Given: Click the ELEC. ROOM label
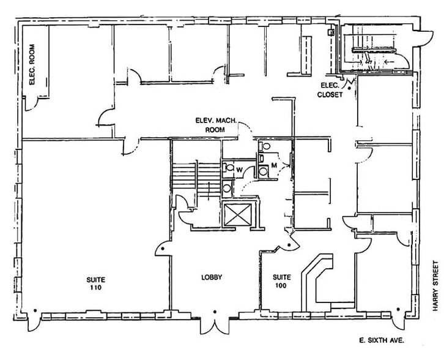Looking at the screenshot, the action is [x=32, y=64].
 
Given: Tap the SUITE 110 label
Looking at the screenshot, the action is [x=95, y=283].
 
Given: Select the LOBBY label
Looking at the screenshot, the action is [x=212, y=277].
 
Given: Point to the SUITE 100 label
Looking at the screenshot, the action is [x=281, y=281].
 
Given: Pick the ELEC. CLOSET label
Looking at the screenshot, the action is [x=330, y=90].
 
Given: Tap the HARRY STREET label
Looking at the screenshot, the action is [x=435, y=286].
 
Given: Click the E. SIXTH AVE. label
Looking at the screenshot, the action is [x=381, y=340].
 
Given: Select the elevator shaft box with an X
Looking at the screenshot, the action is [x=237, y=214].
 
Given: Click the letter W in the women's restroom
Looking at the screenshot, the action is [x=239, y=170].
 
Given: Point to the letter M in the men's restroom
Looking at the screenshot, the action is [x=274, y=165].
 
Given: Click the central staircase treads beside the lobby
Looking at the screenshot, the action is [x=196, y=176].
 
